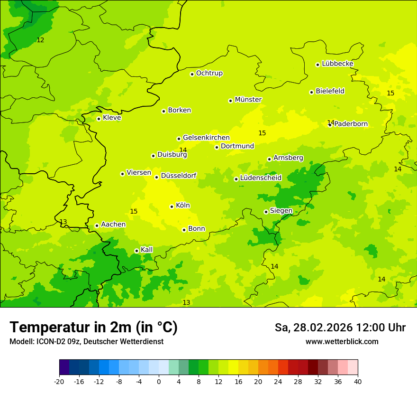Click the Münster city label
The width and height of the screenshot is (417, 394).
[x=248, y=100]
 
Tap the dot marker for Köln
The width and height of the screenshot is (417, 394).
[x=172, y=206]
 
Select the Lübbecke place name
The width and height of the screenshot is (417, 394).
[x=337, y=64]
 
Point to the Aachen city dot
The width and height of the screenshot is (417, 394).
[x=97, y=225]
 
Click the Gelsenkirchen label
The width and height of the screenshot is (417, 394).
[x=206, y=138]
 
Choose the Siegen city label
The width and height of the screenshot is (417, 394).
[x=281, y=211]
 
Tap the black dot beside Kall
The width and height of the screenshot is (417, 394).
[x=136, y=251]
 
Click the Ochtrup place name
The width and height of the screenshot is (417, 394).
[x=209, y=73]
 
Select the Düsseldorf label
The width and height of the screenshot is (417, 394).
[x=179, y=176]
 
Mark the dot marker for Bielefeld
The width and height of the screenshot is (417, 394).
[x=311, y=92]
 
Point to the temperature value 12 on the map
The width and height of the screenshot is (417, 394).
[x=40, y=40]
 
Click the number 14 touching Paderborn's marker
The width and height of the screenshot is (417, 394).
[x=331, y=122]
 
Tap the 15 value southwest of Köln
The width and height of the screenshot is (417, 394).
[x=134, y=211]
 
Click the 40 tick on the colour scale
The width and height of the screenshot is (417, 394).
[x=358, y=381]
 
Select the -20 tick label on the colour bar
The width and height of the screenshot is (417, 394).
[x=59, y=381]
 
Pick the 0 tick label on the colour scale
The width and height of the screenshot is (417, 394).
[x=159, y=381]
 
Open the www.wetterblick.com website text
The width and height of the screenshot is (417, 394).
[x=342, y=342]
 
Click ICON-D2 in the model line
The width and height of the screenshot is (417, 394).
[x=49, y=342]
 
